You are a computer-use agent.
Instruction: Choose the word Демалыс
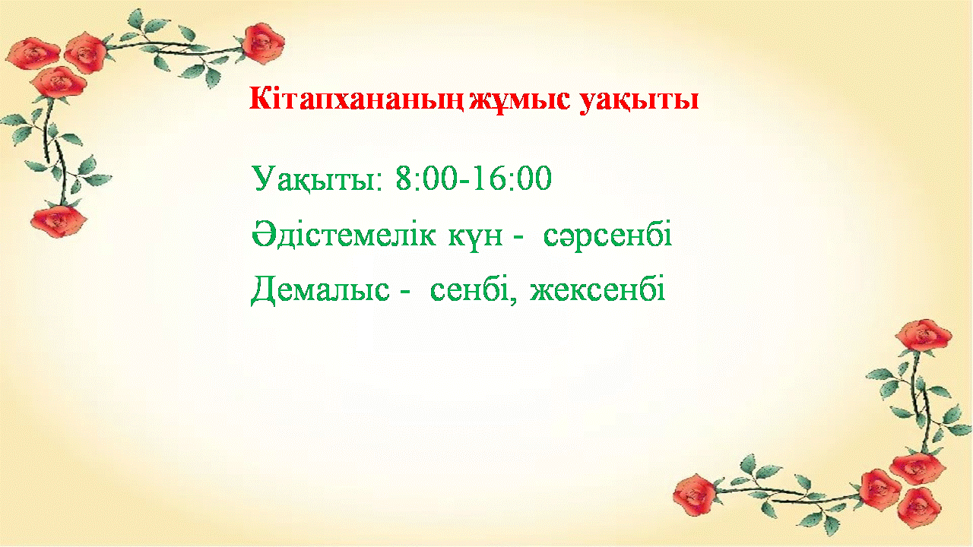coord(320,290)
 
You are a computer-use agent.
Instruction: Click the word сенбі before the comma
coord(473,288)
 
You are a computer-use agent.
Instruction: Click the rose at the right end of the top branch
coord(263,43)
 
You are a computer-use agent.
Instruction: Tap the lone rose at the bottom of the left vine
coord(59,221)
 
